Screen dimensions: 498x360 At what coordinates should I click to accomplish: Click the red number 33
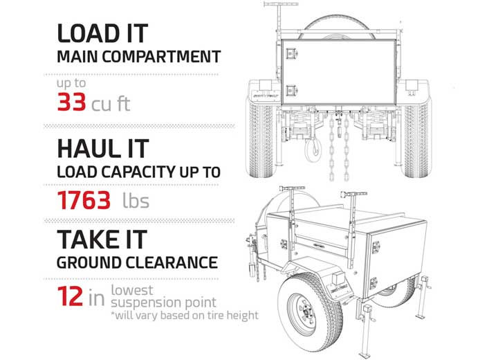click(x=71, y=102)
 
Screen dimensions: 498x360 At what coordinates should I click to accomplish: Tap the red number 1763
click(x=84, y=200)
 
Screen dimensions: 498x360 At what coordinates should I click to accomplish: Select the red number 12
click(x=70, y=296)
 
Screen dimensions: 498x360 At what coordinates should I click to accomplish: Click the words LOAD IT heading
click(x=102, y=33)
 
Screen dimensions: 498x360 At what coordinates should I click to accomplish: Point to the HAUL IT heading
click(x=103, y=149)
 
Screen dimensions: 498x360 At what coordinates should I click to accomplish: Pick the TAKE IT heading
click(x=102, y=240)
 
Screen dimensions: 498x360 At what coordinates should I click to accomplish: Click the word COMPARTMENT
click(x=161, y=57)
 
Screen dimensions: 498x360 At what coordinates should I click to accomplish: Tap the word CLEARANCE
click(x=172, y=262)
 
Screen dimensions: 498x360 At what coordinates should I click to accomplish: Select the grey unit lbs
click(x=136, y=201)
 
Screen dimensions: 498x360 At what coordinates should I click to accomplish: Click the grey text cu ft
click(x=111, y=104)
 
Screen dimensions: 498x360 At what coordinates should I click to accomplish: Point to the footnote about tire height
click(x=184, y=316)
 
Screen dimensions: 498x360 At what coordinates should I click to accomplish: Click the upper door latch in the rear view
click(x=291, y=53)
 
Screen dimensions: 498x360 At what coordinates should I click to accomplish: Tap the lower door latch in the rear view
click(x=291, y=90)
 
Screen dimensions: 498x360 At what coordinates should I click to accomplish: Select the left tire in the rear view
click(x=260, y=139)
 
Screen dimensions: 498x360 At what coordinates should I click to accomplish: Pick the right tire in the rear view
click(x=417, y=139)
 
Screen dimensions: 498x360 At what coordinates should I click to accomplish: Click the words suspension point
click(x=163, y=303)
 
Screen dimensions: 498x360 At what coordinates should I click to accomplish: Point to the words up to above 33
click(x=71, y=83)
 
